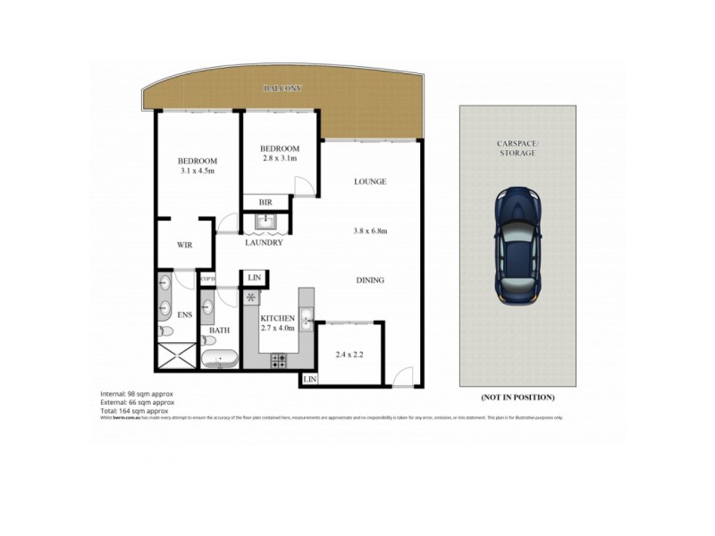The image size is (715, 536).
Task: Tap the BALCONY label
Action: (x=282, y=88)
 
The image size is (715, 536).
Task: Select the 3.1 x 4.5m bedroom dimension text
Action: (x=198, y=171)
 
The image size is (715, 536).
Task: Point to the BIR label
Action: (x=265, y=203)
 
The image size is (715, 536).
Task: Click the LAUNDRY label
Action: (x=265, y=242)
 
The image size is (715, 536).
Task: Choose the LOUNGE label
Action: (x=369, y=181)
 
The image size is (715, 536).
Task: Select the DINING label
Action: (x=369, y=280)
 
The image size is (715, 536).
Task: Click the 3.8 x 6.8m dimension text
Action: (x=369, y=230)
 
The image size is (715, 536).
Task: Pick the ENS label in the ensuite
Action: (x=185, y=314)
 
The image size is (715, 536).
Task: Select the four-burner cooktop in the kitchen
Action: (x=278, y=361)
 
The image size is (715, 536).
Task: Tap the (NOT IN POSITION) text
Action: (x=517, y=397)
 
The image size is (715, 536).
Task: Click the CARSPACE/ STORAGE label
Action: (x=517, y=147)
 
